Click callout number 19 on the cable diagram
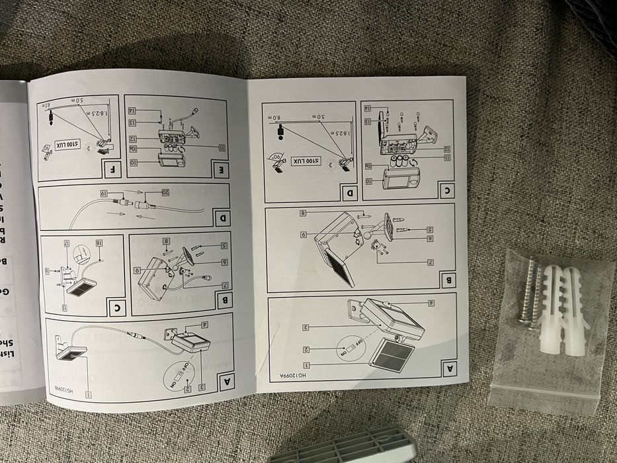pyautogui.click(x=104, y=193)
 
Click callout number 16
pyautogui.click(x=46, y=271)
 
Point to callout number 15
pyautogui.click(x=65, y=308)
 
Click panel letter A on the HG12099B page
pyautogui.click(x=225, y=379)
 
